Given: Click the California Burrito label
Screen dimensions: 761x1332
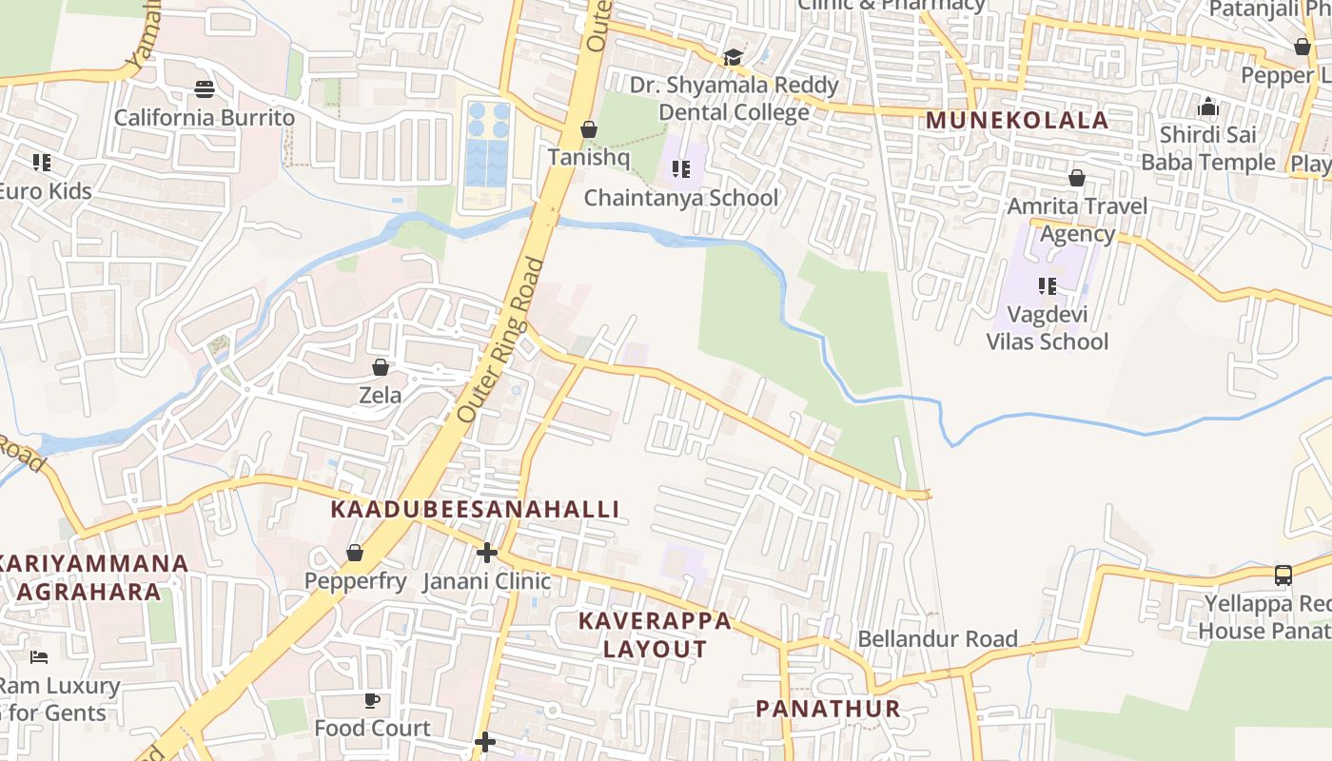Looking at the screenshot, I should pos(205,118).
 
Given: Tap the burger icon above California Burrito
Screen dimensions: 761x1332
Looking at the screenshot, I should pos(205,89).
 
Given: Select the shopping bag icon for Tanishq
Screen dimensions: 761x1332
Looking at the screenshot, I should pos(589,129).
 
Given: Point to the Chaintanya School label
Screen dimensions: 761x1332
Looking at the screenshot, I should pos(680,198).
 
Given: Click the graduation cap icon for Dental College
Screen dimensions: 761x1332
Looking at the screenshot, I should pos(733,58).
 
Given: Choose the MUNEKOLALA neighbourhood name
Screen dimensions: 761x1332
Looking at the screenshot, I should pos(1017,121).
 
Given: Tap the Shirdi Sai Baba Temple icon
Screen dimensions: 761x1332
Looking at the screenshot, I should pos(1208,107).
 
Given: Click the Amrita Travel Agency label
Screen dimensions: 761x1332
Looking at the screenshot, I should pos(1077,220).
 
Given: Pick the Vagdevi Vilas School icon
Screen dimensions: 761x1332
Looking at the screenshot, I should pos(1048,285).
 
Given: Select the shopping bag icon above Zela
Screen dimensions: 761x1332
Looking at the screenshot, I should pos(381,367).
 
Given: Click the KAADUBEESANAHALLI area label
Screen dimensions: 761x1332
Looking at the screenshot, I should pos(475,510).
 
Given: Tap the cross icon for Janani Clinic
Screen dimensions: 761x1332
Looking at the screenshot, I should pos(487,553).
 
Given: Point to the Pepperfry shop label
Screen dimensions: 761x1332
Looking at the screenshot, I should pos(355,581).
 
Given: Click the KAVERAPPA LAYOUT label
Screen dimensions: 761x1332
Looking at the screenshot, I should pos(656,635).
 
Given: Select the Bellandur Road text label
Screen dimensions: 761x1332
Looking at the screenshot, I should pos(937,638).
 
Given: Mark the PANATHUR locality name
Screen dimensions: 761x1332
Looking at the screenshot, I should pos(828,709).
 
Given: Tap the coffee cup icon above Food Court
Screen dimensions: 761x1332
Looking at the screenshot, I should pos(372,701).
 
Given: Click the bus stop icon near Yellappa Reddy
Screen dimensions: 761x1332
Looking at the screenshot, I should pos(1283,575).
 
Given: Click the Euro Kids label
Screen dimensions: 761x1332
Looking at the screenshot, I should pos(44,191).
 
